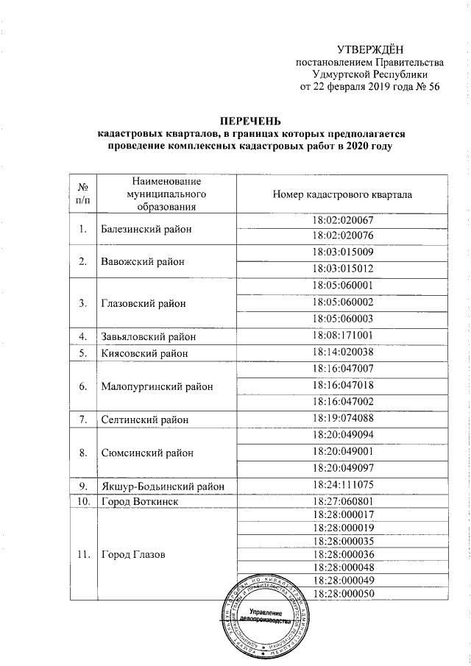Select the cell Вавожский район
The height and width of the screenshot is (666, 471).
coord(142,261)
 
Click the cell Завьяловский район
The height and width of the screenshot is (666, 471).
coord(148,336)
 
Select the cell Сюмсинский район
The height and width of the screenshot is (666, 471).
coord(147,453)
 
